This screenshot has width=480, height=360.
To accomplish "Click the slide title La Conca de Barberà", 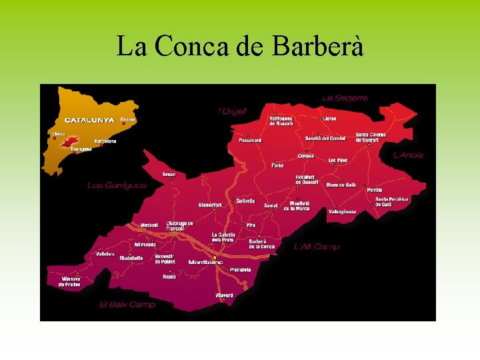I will (240, 46).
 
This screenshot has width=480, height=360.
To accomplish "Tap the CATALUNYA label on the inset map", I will (90, 121).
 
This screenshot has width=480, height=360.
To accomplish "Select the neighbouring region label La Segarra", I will (345, 98).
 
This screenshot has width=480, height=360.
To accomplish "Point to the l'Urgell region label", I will (232, 111).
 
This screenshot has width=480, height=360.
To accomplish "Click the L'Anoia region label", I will (408, 155).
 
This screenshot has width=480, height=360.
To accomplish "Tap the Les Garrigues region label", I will (116, 185).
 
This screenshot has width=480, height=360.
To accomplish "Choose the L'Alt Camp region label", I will (317, 247).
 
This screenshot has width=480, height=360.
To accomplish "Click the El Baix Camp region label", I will (127, 304).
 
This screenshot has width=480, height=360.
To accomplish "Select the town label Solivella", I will (245, 201).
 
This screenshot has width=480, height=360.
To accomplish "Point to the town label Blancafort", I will (210, 205).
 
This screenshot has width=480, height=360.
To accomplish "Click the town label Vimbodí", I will (149, 225).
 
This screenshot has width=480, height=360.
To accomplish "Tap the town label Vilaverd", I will (224, 295).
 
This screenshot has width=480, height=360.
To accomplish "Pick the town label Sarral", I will (271, 206).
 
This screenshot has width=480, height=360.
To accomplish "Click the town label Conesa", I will (306, 155).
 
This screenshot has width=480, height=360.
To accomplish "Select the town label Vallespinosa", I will (342, 211).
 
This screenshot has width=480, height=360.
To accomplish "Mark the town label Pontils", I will (375, 189).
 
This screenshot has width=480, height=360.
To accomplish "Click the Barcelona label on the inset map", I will (105, 141).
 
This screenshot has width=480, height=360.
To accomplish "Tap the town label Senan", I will (169, 175).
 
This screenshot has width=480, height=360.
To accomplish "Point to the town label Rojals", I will (169, 277).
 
